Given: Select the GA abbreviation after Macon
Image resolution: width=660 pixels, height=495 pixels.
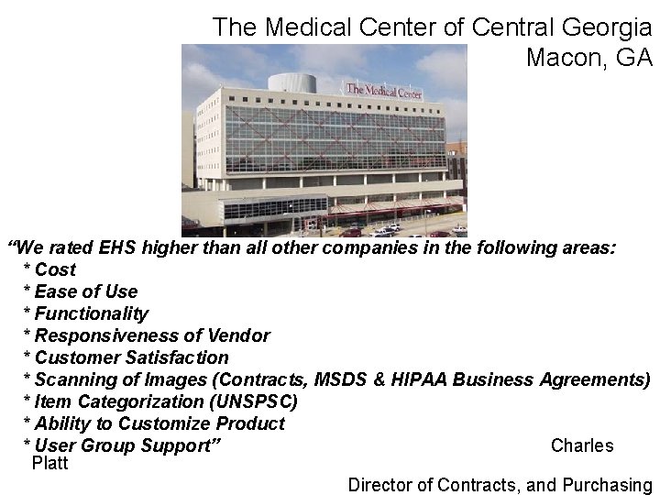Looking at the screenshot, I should coord(634,58).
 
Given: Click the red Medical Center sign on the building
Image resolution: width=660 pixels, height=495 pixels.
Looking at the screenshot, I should coord(383,91).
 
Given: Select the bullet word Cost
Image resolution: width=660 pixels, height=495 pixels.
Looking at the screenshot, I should coord(55,269).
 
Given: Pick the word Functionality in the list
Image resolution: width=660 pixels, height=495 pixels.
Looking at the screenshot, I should coord(91,313).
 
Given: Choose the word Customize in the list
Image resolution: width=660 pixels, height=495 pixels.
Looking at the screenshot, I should coord(166,423).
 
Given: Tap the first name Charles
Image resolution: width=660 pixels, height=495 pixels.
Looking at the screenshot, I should coord(582,445).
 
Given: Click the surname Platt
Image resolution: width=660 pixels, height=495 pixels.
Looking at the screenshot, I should coord(49,463).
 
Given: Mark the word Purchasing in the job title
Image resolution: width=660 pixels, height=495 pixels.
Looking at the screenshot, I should coord(609,485).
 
